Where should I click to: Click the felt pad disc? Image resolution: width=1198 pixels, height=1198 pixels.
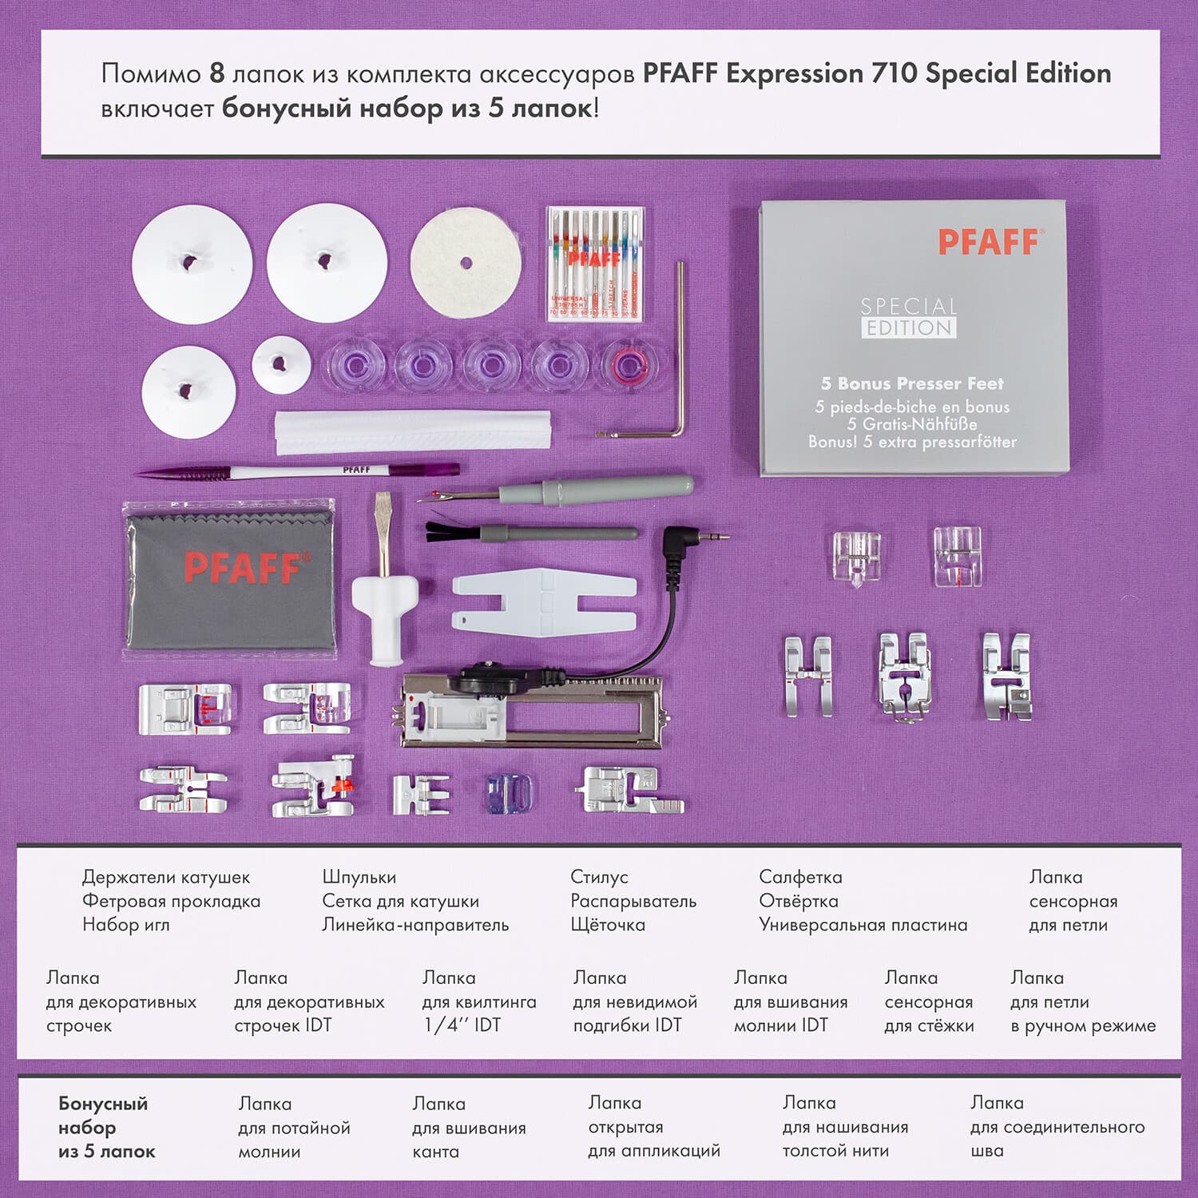(465, 263)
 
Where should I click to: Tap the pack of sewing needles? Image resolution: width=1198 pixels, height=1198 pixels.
(595, 264)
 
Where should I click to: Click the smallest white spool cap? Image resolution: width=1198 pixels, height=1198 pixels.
(281, 364)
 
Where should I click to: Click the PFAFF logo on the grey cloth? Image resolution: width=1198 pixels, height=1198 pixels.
(242, 567)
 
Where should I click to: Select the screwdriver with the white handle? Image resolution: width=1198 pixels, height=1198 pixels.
(384, 591)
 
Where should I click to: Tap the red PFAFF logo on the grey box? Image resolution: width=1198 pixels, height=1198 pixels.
(989, 241)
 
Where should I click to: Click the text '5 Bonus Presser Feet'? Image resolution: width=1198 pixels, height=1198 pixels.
(912, 383)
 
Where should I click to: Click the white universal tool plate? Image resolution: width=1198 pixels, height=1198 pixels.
(543, 599)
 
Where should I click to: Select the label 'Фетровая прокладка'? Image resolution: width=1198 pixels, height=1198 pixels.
(171, 901)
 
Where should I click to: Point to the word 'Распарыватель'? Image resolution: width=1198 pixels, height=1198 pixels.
(633, 901)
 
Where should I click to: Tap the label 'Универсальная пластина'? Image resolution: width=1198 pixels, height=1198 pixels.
(863, 925)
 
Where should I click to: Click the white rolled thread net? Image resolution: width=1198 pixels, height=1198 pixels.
(412, 432)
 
